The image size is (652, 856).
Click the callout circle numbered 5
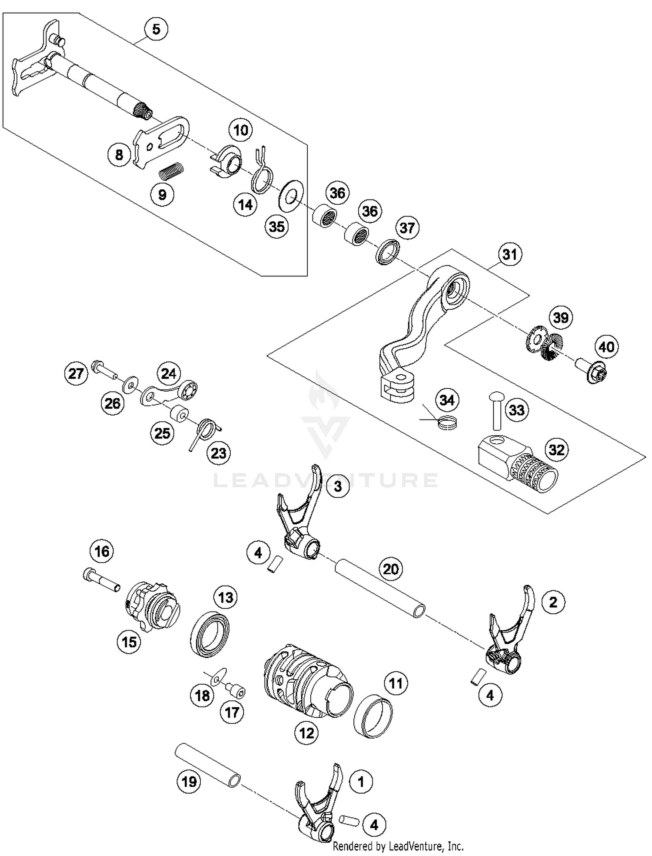pos(156,30)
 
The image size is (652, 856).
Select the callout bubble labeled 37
pos(407,228)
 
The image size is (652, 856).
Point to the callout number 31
pos(509,254)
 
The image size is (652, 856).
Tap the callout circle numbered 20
pos(391,569)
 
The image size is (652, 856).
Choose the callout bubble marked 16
pos(102,552)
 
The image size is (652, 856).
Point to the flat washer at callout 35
pos(291,196)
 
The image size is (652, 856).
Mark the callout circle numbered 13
pos(226,598)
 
